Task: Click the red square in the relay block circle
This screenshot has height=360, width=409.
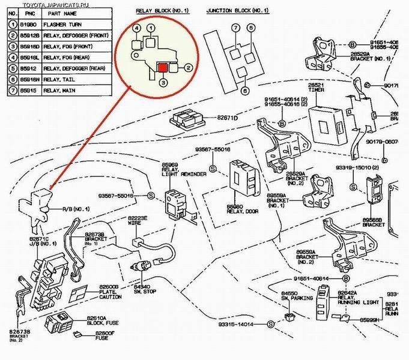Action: tap(162, 67)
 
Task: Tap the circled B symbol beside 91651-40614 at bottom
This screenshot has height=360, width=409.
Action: tap(347, 279)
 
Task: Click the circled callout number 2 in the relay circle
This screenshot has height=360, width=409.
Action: tap(188, 68)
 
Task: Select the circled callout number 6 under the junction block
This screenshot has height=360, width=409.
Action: tap(245, 91)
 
